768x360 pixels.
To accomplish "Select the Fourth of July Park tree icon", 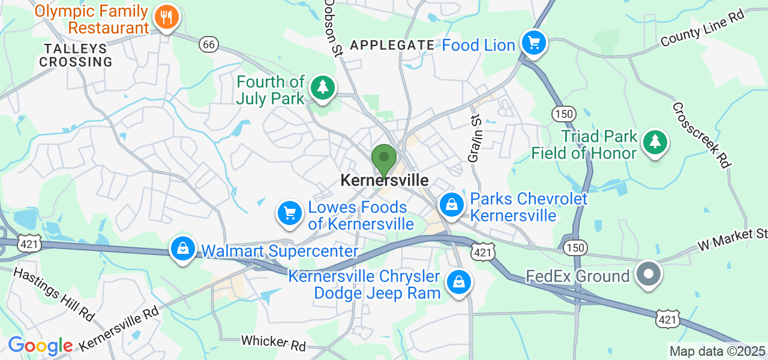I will click(x=323, y=88).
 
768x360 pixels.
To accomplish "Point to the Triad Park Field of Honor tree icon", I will click(x=655, y=142).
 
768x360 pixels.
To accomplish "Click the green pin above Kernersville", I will click(x=384, y=160).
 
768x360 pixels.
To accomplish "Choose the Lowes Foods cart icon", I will click(x=290, y=213).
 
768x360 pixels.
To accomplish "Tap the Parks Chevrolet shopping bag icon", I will click(x=452, y=205).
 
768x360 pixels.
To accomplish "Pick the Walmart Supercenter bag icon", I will click(x=183, y=248).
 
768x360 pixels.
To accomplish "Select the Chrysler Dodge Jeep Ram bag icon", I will click(x=459, y=281).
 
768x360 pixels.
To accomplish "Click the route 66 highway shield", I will click(x=209, y=44).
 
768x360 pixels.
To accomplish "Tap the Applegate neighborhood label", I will click(x=392, y=45).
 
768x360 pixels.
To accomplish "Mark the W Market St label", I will click(x=732, y=238).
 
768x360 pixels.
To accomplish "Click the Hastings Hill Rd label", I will click(x=53, y=292).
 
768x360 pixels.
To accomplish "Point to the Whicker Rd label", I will click(x=273, y=343).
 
